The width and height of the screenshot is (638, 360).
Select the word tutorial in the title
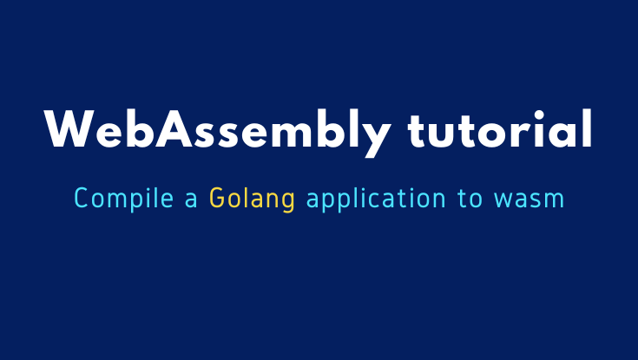click(x=500, y=132)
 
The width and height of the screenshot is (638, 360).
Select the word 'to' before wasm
click(x=469, y=200)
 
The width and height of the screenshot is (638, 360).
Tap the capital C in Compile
click(x=82, y=200)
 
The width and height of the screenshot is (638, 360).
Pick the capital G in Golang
click(x=217, y=200)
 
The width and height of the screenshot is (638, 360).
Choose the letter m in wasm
click(x=554, y=200)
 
